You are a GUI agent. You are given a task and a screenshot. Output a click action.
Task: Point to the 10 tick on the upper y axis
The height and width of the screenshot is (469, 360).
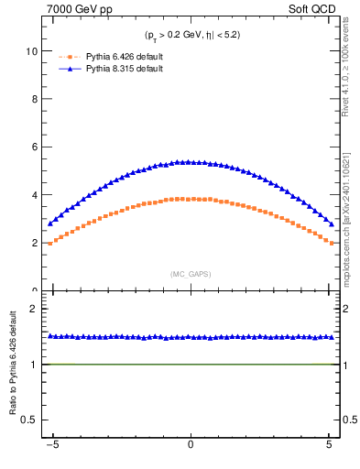coord(35,51)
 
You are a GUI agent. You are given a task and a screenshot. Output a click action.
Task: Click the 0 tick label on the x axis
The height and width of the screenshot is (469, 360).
coord(191,448)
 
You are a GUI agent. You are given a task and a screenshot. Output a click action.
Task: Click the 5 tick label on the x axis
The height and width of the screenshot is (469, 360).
coord(329,448)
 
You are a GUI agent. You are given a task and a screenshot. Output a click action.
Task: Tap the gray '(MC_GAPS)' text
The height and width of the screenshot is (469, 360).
coord(191,274)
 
